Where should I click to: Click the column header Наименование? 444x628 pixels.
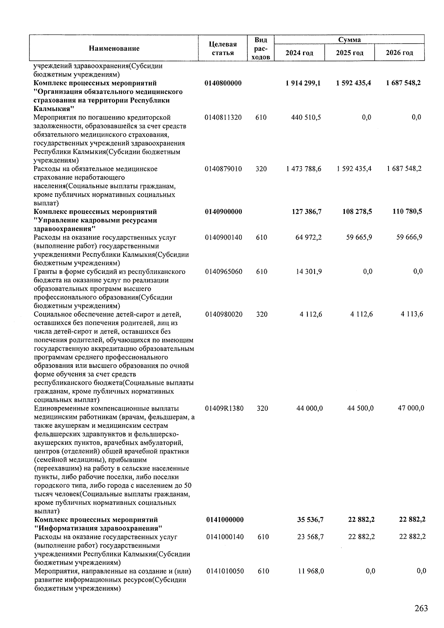(x=114, y=48)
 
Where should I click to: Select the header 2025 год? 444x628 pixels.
(x=349, y=53)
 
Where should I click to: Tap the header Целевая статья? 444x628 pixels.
(x=223, y=48)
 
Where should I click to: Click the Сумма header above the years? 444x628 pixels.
(x=349, y=40)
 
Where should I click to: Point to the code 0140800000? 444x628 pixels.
(x=223, y=83)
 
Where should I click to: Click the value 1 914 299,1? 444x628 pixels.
(x=303, y=83)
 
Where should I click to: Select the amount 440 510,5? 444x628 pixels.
(x=306, y=118)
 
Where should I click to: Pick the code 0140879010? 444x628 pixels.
(x=223, y=169)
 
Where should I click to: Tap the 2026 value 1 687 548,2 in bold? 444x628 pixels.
(x=403, y=83)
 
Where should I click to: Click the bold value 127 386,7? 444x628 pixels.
(x=307, y=212)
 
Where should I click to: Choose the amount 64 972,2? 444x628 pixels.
(x=309, y=237)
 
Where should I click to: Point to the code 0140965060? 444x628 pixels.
(x=223, y=272)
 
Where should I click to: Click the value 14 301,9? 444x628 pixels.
(x=309, y=272)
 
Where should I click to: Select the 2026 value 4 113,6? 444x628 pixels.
(x=412, y=314)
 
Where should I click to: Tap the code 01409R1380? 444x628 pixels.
(x=224, y=409)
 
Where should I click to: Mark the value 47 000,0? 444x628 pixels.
(x=411, y=409)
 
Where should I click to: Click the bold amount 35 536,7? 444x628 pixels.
(x=310, y=520)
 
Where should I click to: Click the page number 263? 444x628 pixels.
(x=421, y=608)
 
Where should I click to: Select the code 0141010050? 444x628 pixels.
(x=225, y=571)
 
